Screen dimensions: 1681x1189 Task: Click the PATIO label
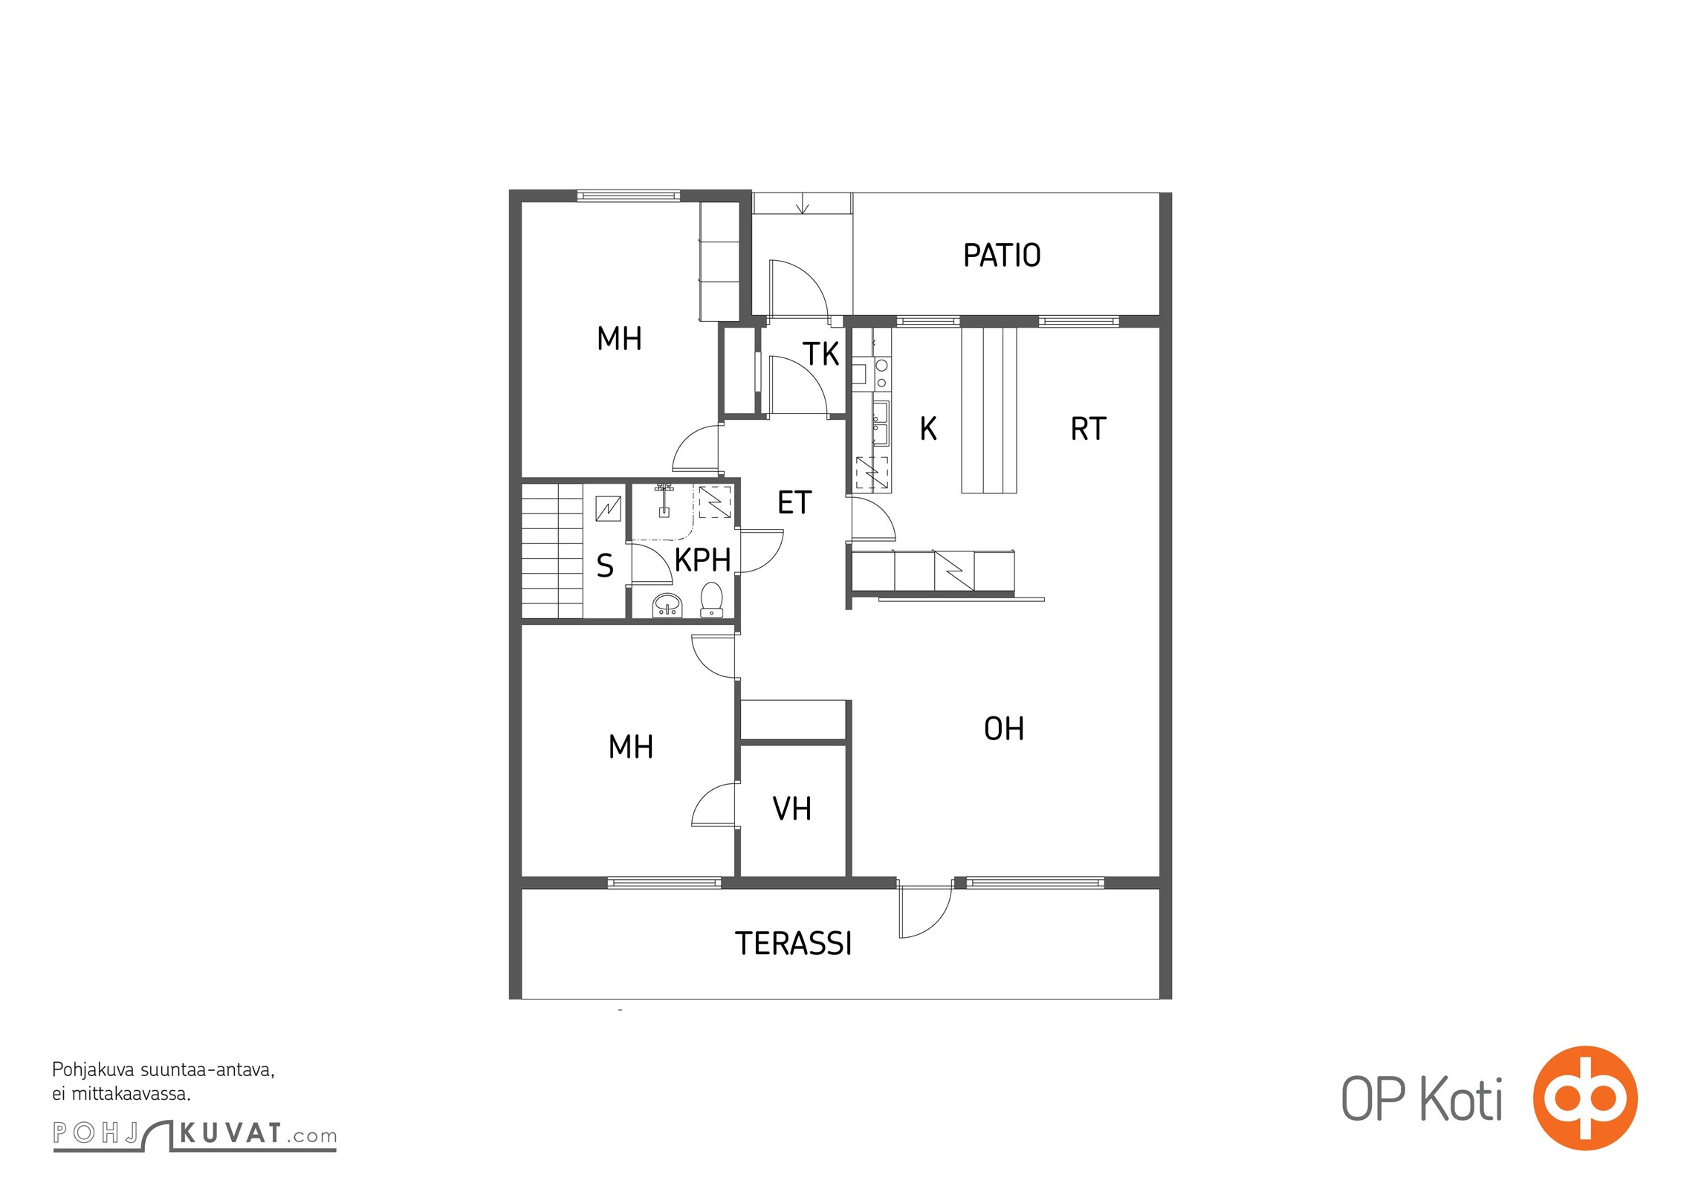1002,255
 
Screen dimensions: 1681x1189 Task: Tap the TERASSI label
793,944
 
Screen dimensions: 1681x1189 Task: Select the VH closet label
791,809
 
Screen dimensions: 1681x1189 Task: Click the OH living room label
1003,729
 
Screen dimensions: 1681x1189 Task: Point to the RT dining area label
1088,429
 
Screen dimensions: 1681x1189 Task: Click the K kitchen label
928,429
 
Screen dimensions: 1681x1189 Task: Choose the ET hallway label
794,503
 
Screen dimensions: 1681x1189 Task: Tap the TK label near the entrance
820,354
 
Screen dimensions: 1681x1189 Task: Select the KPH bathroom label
702,560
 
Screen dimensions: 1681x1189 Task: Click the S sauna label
605,566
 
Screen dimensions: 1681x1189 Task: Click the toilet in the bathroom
711,600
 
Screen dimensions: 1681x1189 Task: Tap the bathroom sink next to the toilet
667,606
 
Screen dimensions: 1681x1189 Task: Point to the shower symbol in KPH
664,500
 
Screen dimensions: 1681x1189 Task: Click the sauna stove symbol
609,508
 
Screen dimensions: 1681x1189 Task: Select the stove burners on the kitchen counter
881,374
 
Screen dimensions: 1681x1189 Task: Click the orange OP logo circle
1585,1098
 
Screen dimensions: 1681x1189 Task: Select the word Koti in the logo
1461,1099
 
